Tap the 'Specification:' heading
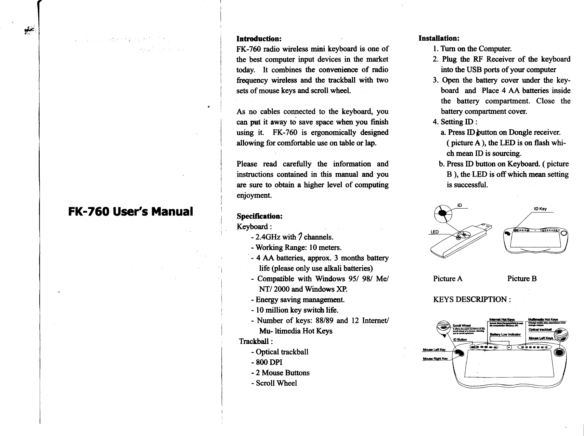[x=260, y=216]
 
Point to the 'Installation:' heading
[x=439, y=37]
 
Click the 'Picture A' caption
[x=448, y=279]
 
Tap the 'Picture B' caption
[x=522, y=279]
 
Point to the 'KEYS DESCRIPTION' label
[x=472, y=300]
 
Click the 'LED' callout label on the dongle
[x=434, y=232]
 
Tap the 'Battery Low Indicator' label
[x=505, y=334]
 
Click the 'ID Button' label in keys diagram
[x=460, y=340]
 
